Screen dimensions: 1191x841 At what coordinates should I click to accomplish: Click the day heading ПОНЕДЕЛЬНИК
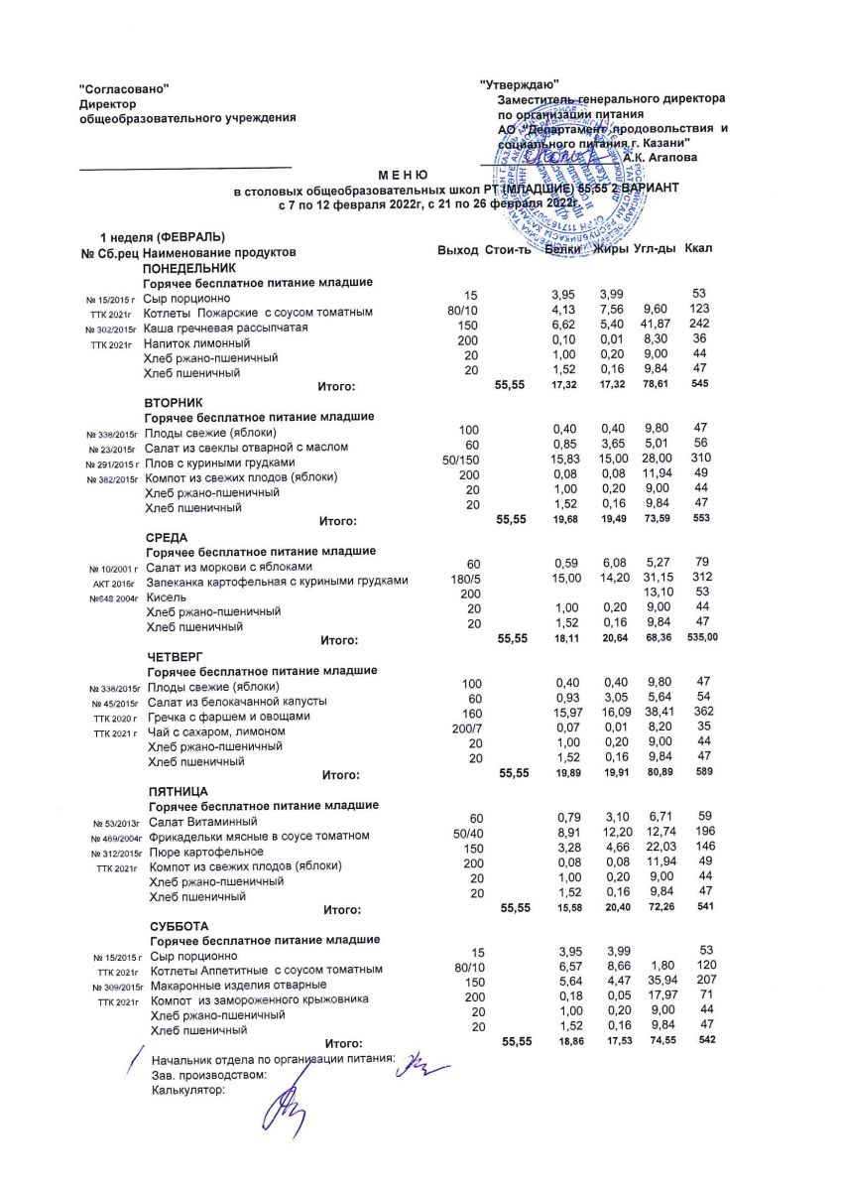(x=189, y=268)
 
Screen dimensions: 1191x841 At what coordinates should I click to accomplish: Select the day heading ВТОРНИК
(x=175, y=403)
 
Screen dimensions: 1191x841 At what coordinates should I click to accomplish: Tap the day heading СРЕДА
(x=167, y=537)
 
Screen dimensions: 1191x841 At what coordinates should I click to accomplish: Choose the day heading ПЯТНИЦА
(x=178, y=791)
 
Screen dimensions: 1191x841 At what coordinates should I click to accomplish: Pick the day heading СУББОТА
(x=178, y=925)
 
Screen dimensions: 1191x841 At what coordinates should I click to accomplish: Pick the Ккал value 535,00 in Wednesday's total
(x=701, y=636)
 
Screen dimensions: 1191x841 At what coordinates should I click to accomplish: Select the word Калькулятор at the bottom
(x=188, y=1089)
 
